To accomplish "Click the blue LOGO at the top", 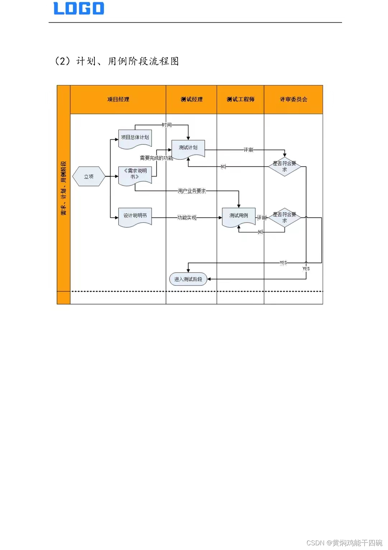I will point(79,9).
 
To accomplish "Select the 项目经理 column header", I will point(118,99).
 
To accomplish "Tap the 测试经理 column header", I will point(191,99).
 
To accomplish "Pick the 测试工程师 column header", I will point(240,99).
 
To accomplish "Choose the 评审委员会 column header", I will point(294,99).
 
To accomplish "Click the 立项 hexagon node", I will point(89,176).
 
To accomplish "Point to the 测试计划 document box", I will point(188,148).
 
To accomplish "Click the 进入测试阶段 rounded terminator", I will point(188,279).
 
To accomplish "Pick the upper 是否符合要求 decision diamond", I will point(285,166).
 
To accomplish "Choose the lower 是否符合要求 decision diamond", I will point(285,217).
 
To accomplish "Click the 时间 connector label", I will point(167,125).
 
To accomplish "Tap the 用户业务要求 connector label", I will point(192,191).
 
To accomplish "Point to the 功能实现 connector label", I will point(187,217).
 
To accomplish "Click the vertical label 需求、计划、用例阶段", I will point(64,188).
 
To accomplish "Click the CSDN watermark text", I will point(344,542).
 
